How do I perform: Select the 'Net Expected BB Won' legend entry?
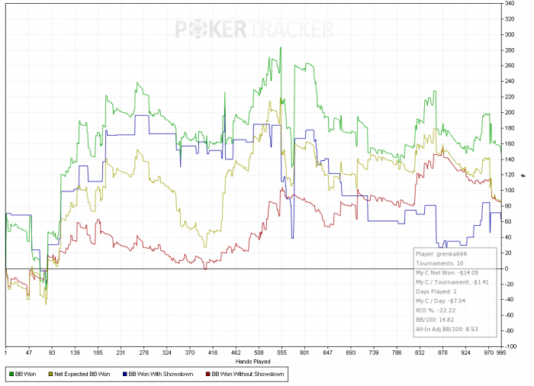pyautogui.click(x=82, y=375)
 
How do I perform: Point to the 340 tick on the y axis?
pyautogui.click(x=508, y=4)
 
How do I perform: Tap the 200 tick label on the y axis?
pyautogui.click(x=508, y=113)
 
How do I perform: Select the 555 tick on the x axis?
pyautogui.click(x=281, y=354)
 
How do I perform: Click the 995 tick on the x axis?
pyautogui.click(x=501, y=354)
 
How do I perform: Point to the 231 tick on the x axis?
pyautogui.click(x=121, y=354)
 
